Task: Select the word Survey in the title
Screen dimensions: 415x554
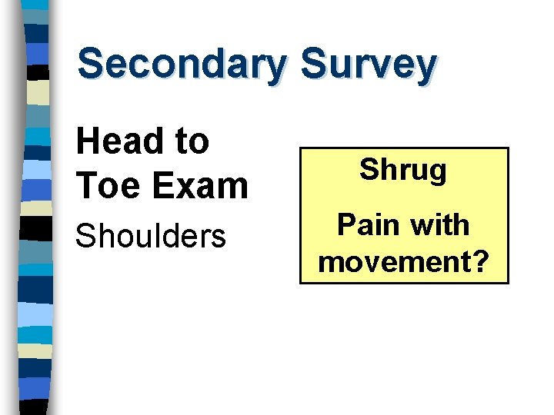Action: (369, 65)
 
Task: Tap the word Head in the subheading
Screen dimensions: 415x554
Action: (116, 141)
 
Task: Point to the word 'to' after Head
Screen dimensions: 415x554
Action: (191, 141)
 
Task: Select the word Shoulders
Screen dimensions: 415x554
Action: (150, 236)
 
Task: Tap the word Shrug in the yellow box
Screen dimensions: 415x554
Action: (403, 171)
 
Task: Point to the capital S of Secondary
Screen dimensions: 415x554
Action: (92, 65)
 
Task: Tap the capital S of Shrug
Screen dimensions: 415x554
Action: (369, 169)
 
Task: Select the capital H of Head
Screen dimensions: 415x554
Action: (88, 141)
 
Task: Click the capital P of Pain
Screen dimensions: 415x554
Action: (346, 225)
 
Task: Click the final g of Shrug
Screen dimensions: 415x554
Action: (436, 173)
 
